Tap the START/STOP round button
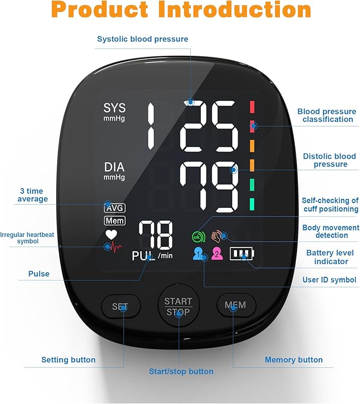[x=178, y=306]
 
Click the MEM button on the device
[x=236, y=305]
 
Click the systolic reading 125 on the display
[x=191, y=126]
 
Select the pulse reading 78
[x=155, y=236]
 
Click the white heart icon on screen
[x=110, y=234]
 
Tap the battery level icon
[x=242, y=254]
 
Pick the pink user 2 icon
[x=216, y=254]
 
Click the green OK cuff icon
[x=197, y=237]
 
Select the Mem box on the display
[x=115, y=220]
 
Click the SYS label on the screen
[x=115, y=108]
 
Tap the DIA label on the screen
[x=115, y=168]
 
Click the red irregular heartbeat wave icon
[x=113, y=247]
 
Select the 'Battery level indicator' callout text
[x=327, y=257]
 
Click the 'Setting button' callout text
[x=68, y=360]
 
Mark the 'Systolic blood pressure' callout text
[x=143, y=39]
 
